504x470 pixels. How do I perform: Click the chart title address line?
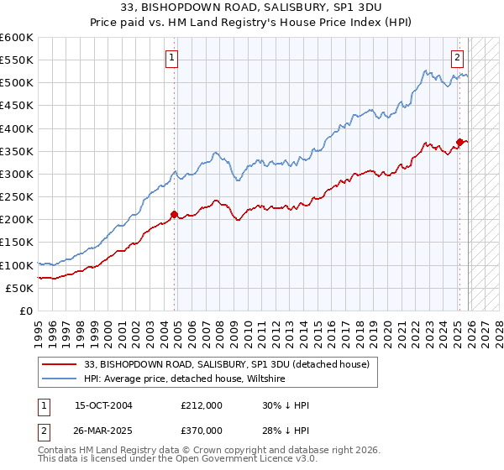pyautogui.click(x=251, y=8)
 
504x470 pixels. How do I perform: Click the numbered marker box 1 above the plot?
pyautogui.click(x=171, y=58)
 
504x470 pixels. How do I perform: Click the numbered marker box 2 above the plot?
pyautogui.click(x=457, y=58)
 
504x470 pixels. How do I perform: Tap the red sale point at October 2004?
pyautogui.click(x=175, y=214)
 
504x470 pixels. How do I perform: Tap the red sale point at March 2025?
pyautogui.click(x=459, y=142)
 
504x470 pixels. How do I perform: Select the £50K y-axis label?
pyautogui.click(x=19, y=288)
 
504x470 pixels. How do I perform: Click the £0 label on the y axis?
pyautogui.click(x=26, y=311)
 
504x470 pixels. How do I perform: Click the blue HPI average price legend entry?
pyautogui.click(x=185, y=379)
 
